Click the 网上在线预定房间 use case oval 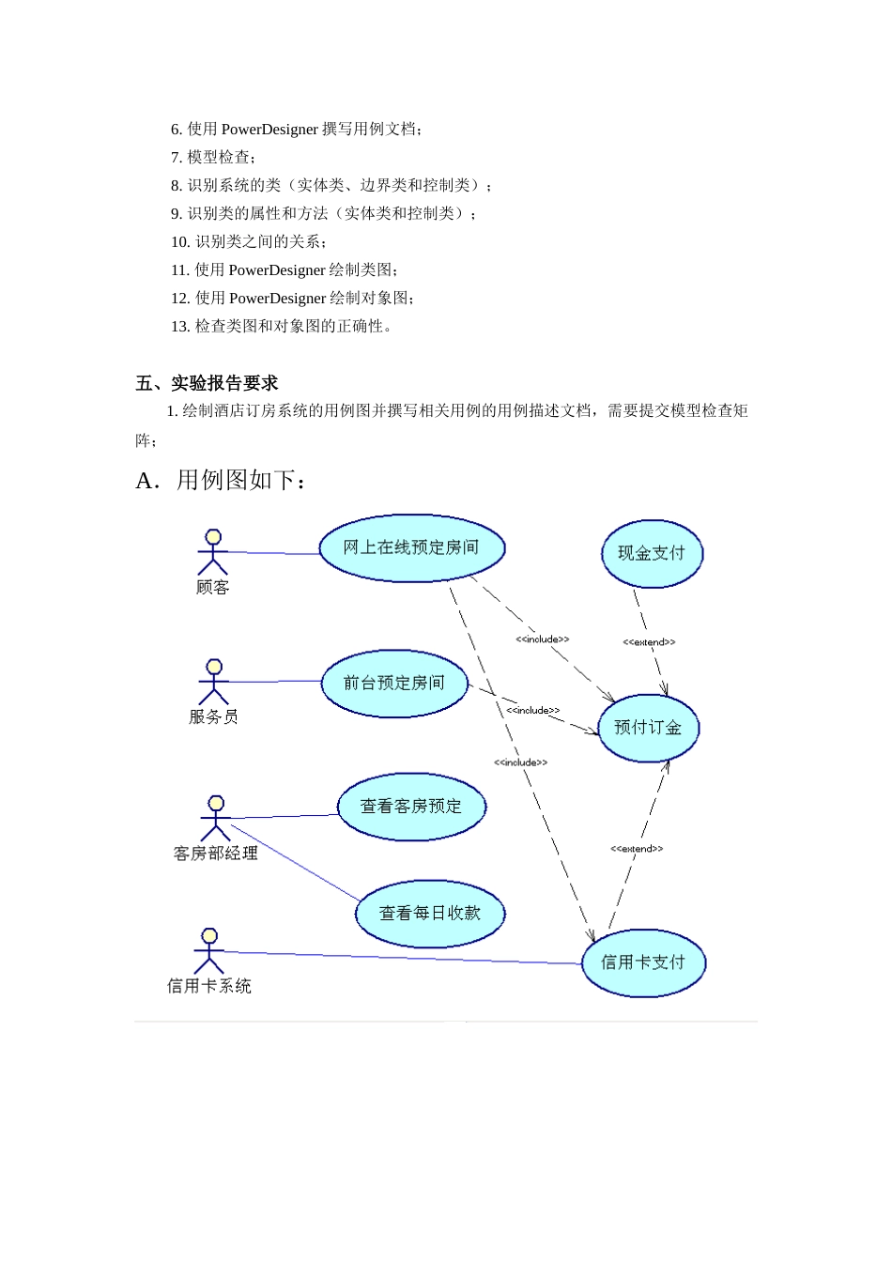coord(411,547)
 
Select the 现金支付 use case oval coord(652,554)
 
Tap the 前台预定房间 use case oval coord(393,683)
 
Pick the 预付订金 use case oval coord(648,728)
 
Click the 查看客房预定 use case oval coord(411,807)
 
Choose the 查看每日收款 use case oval coord(430,913)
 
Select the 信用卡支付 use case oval coord(643,962)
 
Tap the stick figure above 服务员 coord(214,682)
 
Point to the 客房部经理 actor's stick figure coord(216,818)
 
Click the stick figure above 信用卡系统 coord(209,951)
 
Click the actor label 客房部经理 coord(216,854)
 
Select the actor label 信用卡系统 coord(209,986)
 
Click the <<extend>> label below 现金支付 coord(649,642)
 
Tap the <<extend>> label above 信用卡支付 coord(637,849)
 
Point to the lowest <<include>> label coord(520,762)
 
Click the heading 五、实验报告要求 coord(207,383)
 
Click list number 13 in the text coord(179,327)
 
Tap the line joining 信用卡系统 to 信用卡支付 coord(404,958)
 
